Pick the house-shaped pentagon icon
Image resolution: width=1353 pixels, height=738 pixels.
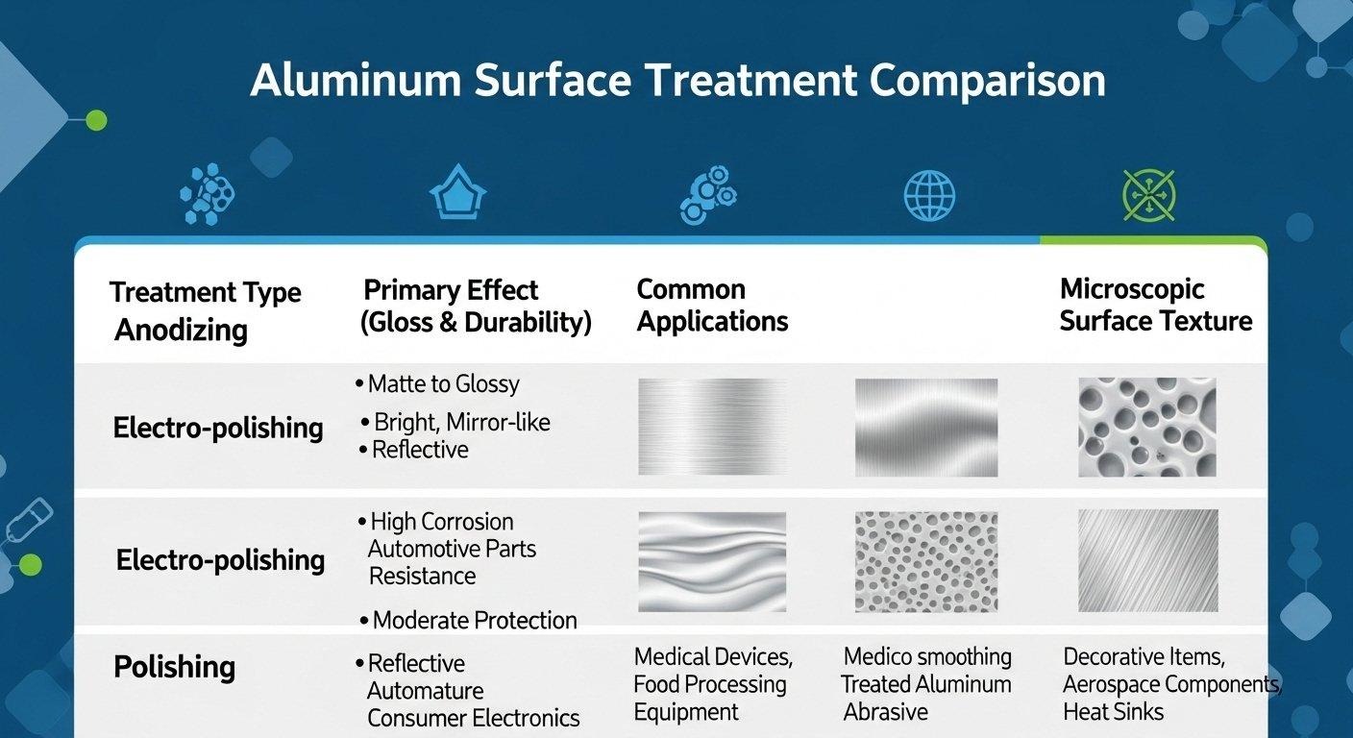point(457,195)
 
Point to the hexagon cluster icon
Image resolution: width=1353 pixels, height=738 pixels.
point(208,195)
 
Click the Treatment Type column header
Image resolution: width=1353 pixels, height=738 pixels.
point(205,292)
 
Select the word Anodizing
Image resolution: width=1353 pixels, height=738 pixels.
point(181,330)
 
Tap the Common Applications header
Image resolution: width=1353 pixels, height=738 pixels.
point(712,306)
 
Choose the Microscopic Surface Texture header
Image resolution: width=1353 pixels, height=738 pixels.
point(1155,306)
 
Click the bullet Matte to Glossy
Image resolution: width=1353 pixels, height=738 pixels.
point(442,384)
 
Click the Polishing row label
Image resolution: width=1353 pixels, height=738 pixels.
point(174,667)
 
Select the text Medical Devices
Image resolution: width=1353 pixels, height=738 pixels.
point(713,657)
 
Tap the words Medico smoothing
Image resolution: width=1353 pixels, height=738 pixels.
point(927,657)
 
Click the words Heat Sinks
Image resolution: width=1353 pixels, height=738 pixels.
point(1113,712)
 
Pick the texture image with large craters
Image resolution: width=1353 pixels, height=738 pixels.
point(1146,428)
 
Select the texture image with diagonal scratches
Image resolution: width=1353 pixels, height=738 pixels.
point(1147,561)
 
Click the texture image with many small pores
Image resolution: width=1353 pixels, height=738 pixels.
point(926,561)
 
